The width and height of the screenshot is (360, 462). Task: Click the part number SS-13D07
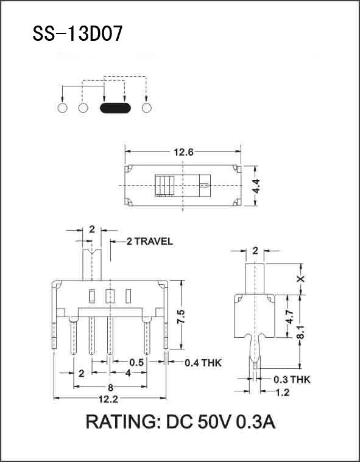77,33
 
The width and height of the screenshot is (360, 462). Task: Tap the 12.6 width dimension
183,153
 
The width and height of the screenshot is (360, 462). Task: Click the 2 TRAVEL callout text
150,242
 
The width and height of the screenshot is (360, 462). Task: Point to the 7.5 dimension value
180,316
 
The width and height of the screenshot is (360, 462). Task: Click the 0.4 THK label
203,363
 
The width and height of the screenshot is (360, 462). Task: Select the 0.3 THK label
291,379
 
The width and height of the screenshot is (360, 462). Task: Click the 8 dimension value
110,387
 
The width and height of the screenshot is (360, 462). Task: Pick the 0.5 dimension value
136,363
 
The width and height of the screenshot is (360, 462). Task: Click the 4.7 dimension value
290,316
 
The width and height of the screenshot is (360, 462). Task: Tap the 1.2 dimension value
282,393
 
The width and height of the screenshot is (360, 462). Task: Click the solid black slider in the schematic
115,109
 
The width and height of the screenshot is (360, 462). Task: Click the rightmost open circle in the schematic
146,108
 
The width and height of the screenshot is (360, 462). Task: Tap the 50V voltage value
211,422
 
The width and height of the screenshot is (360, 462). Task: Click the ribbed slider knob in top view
164,185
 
